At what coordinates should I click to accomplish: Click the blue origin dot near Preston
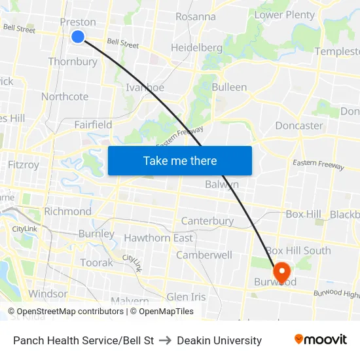[x=78, y=37]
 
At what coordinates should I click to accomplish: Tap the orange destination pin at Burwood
[x=282, y=272]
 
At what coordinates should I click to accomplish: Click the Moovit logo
[x=321, y=340]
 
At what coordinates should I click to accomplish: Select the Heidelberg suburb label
[x=196, y=48]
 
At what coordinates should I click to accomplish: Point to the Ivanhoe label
[x=145, y=87]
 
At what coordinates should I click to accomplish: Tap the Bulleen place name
[x=229, y=87]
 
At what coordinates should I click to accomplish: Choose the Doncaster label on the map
[x=298, y=125]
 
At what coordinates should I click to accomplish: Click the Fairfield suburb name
[x=93, y=124]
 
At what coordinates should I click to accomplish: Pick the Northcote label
[x=65, y=97]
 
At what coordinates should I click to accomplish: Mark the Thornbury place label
[x=73, y=62]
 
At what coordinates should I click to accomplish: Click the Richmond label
[x=67, y=211]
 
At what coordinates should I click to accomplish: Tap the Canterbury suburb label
[x=207, y=221]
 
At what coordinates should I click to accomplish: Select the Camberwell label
[x=204, y=255]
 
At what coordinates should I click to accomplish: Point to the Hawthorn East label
[x=158, y=238]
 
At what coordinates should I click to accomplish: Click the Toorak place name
[x=96, y=262]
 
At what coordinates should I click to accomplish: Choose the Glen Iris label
[x=186, y=297]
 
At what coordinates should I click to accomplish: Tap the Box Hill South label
[x=298, y=251]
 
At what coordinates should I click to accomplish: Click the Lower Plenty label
[x=284, y=14]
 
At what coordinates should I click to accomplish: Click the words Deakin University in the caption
[x=219, y=340]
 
